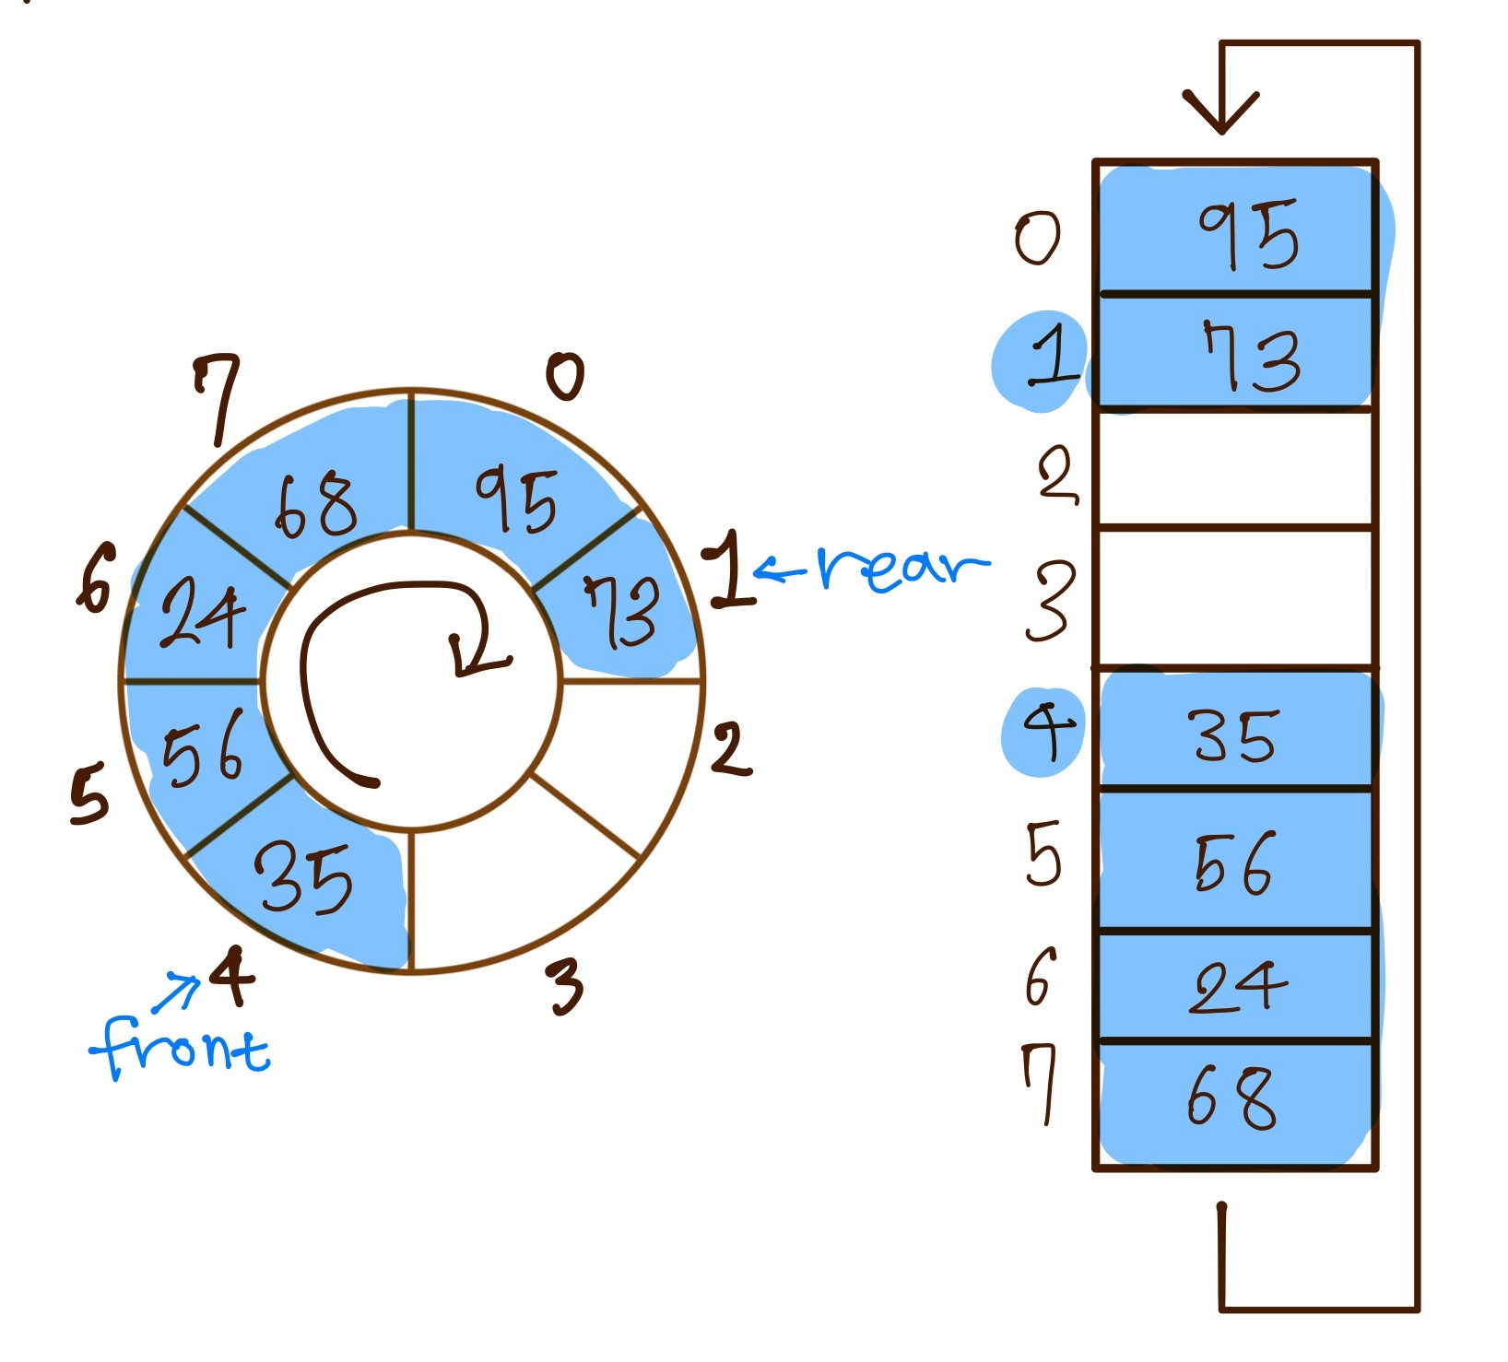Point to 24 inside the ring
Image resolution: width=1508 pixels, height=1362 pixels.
(203, 614)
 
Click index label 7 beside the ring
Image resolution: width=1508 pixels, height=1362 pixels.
(218, 396)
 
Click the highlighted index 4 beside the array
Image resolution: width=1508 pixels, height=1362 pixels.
(1047, 732)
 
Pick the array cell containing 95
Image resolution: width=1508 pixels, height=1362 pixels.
(1236, 230)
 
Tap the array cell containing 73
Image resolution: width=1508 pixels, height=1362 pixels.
(1236, 354)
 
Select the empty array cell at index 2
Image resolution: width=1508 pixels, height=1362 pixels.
(1235, 470)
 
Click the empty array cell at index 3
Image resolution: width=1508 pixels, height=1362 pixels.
(1235, 597)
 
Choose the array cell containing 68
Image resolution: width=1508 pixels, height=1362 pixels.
(1235, 1100)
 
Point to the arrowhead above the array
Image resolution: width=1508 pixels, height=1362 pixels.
(1221, 111)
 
